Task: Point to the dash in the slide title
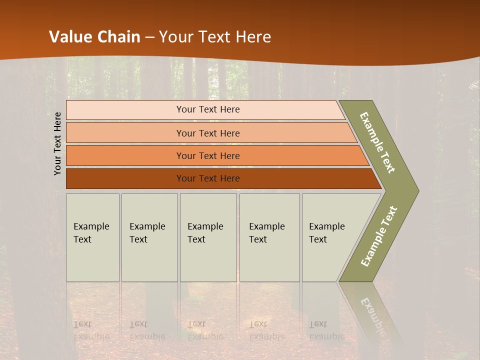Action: coord(149,37)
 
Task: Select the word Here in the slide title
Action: coord(253,36)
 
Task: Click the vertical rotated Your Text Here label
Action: coord(57,143)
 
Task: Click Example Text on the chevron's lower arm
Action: coord(379,236)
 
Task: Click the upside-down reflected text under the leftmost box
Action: coord(91,330)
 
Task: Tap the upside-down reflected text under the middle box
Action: coord(205,330)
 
